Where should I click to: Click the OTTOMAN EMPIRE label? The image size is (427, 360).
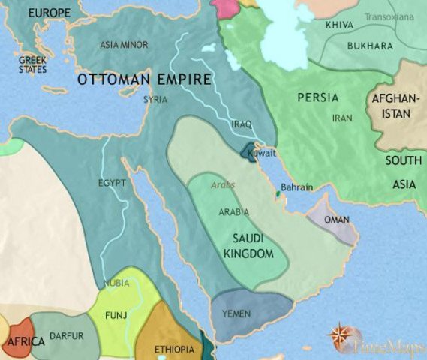[x=143, y=79]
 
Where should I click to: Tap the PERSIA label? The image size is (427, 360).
[x=317, y=97]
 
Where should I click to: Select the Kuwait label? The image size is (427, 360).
[x=262, y=152]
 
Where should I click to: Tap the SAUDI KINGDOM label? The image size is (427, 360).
[x=248, y=247]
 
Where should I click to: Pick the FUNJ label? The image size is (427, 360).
[x=116, y=315]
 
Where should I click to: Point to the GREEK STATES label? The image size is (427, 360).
[x=32, y=64]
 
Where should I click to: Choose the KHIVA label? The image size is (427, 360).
[x=340, y=25]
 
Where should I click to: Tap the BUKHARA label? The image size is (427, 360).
[x=370, y=46]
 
